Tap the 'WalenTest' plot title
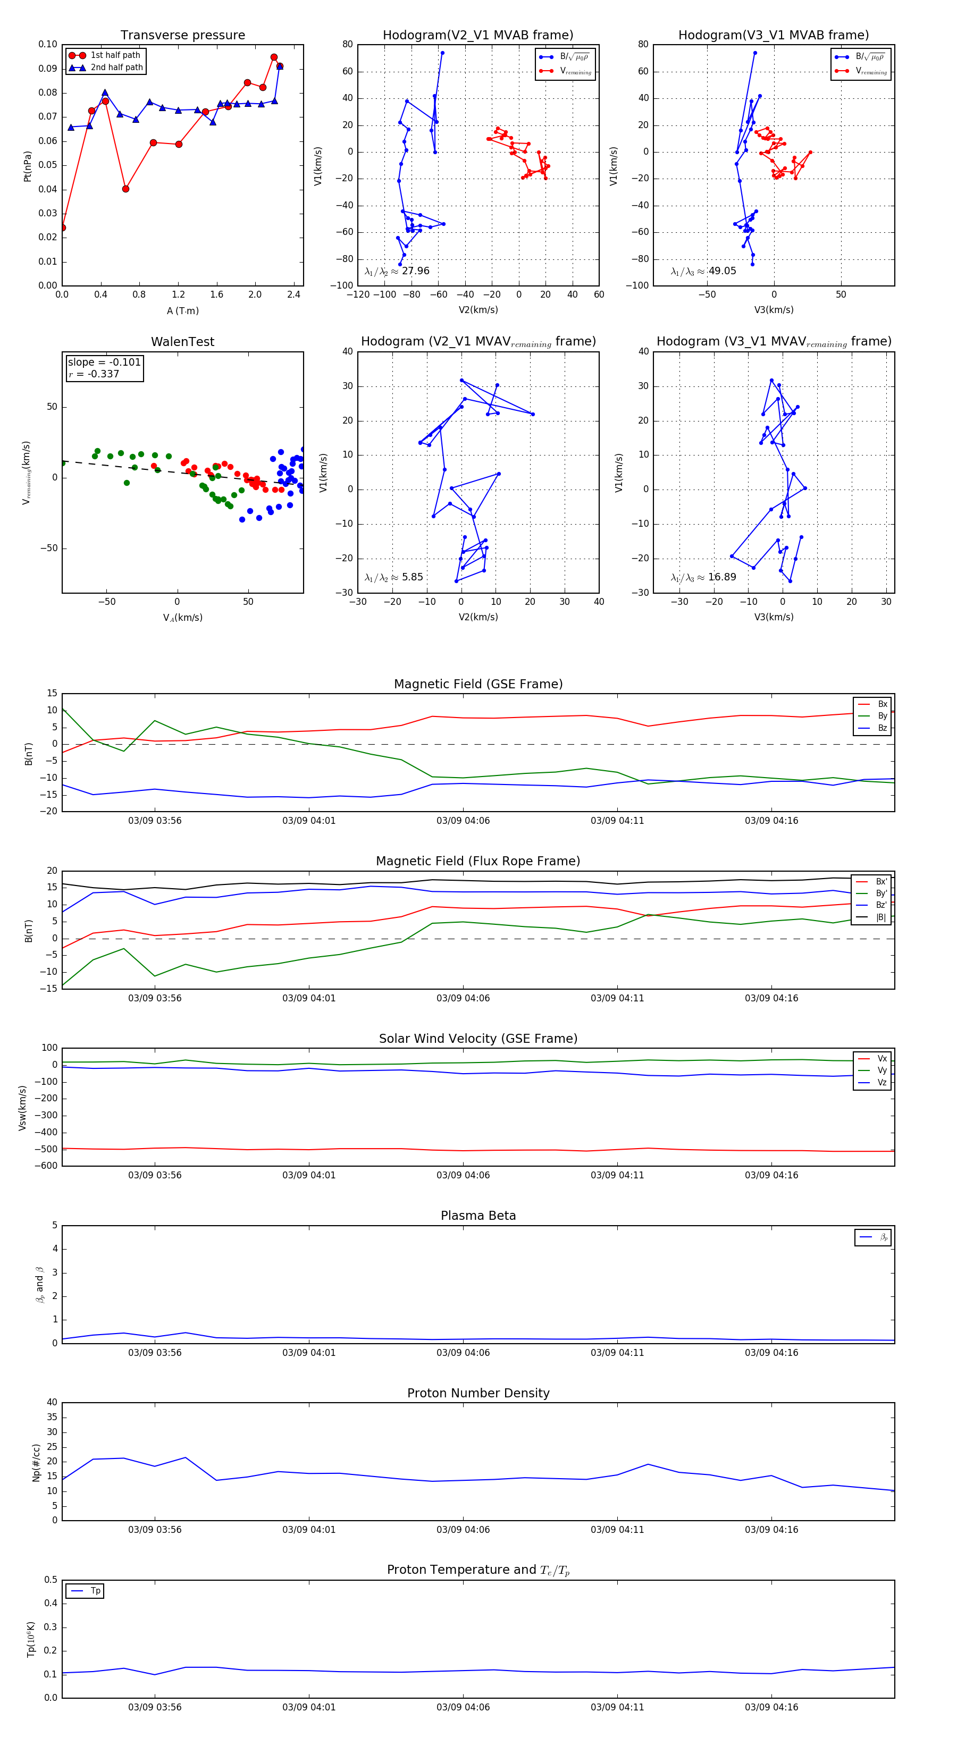[x=182, y=342]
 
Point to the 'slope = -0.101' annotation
[x=104, y=362]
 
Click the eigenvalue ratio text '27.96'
[x=415, y=271]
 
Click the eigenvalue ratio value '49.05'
[x=722, y=271]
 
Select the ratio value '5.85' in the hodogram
[x=412, y=577]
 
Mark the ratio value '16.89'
[x=722, y=577]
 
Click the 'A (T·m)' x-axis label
[x=182, y=311]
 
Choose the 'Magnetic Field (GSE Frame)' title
[x=478, y=684]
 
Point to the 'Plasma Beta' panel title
[x=478, y=1216]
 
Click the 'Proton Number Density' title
[x=478, y=1393]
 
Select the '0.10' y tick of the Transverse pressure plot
[x=48, y=44]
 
